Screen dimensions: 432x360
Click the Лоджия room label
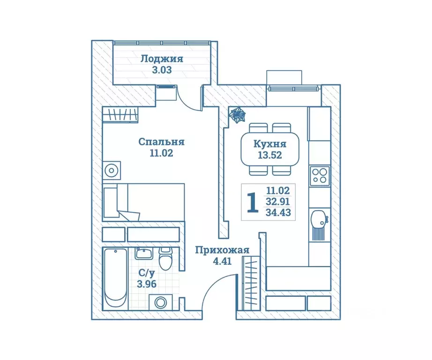162,59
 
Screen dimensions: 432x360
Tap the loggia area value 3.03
162,70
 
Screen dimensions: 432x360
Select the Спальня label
161,142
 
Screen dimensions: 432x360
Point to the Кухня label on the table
270,144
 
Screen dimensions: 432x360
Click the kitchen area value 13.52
270,155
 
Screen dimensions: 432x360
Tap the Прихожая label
222,250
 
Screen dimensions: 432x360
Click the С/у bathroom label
147,273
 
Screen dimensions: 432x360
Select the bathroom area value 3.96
147,284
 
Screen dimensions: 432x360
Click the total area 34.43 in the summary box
278,212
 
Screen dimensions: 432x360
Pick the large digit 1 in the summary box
253,202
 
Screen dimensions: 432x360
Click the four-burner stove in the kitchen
320,176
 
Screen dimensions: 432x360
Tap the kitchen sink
319,219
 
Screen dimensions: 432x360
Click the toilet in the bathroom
165,258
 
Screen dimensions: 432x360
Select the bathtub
116,277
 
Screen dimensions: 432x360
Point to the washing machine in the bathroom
161,302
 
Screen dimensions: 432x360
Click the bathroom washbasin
143,253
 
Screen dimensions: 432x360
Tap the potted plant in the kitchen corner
238,115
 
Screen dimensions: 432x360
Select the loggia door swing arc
190,98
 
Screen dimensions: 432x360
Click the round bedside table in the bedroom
112,170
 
